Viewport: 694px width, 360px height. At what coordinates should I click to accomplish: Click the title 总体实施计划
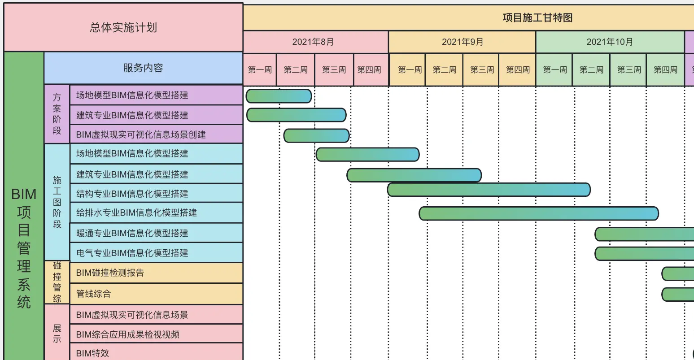[123, 28]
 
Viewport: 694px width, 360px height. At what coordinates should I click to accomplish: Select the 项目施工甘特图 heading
[537, 18]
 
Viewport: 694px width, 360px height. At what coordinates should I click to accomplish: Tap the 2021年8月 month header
[313, 42]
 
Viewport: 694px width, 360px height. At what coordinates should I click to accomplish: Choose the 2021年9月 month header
[463, 42]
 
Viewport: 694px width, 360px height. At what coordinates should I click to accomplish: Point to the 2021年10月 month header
[610, 42]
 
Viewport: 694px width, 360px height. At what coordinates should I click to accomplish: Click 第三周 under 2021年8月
[334, 70]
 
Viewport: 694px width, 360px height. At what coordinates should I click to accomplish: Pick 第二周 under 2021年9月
[444, 70]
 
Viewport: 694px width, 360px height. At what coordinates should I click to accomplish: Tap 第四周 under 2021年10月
[665, 70]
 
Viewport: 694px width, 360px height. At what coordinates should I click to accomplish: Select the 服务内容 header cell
[143, 68]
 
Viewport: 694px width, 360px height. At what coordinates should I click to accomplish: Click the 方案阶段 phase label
[57, 114]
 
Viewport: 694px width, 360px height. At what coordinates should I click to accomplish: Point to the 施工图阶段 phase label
[57, 202]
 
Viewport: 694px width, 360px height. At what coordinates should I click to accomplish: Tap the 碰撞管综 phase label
[57, 282]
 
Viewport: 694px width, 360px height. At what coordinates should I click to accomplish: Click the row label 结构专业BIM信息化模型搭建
[132, 194]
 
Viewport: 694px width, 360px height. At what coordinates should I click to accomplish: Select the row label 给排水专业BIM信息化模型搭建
[136, 213]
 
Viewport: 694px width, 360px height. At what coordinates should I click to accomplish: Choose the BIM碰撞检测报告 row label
[110, 273]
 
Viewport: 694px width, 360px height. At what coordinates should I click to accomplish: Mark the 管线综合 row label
[93, 294]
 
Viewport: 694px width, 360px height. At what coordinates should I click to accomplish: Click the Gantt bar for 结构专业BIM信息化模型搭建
[489, 190]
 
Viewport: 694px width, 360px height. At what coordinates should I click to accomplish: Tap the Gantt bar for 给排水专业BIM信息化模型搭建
[538, 213]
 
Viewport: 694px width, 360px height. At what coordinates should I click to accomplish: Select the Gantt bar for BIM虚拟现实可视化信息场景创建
[316, 135]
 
